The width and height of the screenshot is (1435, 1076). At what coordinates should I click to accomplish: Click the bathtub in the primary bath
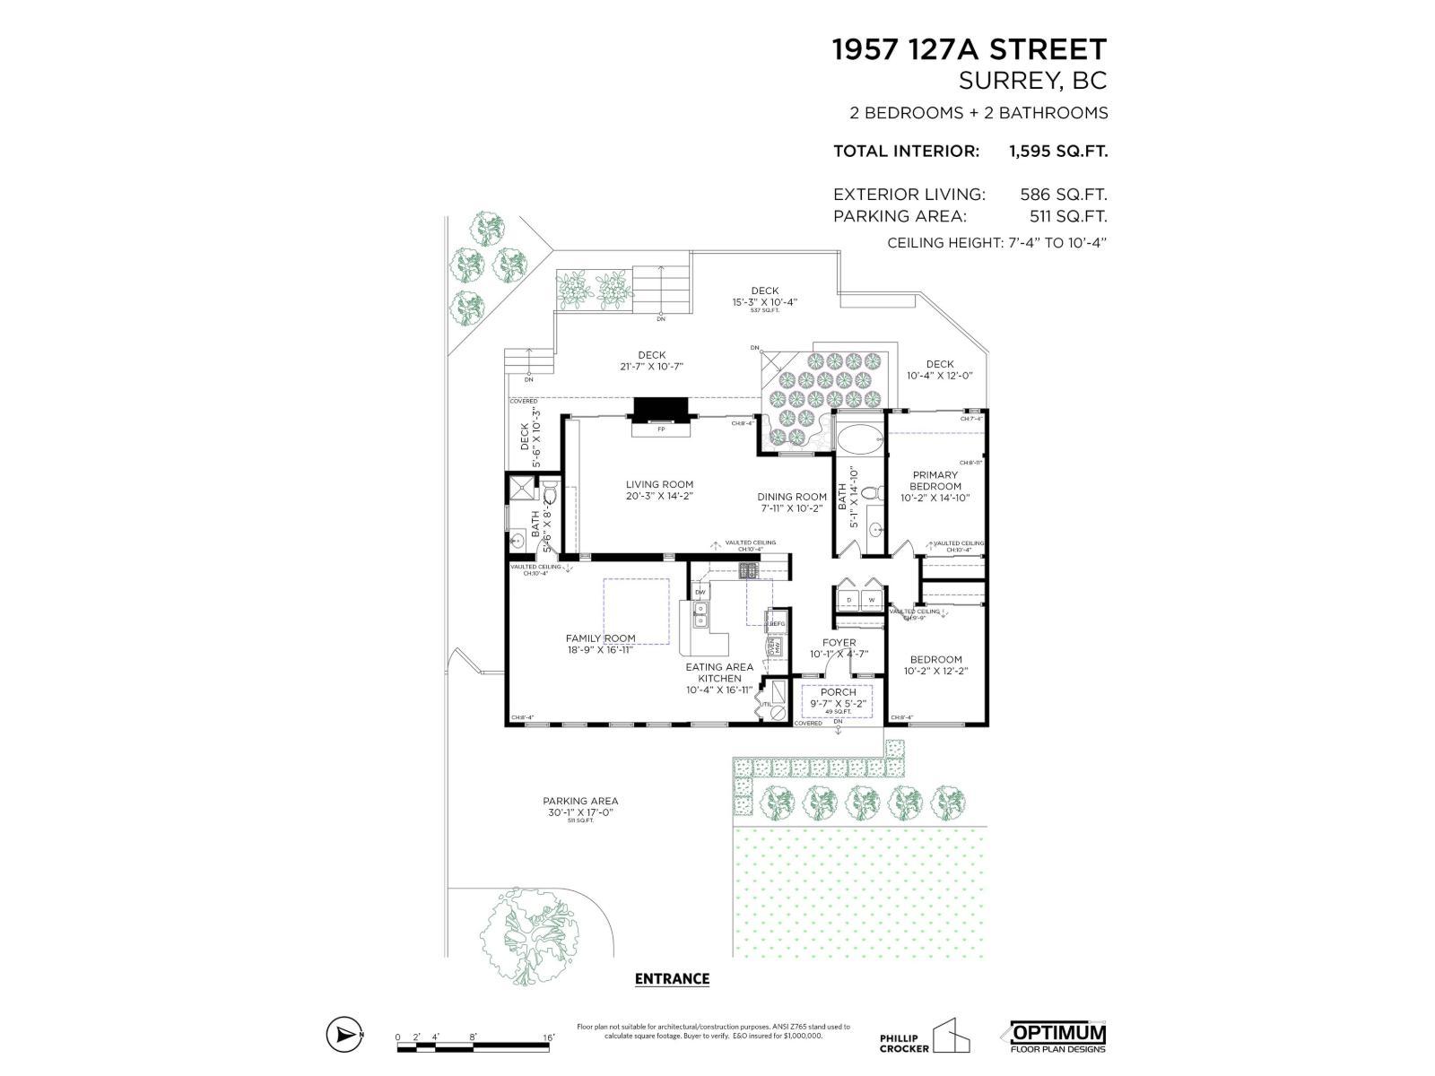tap(860, 439)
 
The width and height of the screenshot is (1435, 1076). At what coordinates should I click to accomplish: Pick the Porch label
tap(838, 692)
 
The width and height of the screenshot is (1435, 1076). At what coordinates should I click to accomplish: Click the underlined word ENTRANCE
tap(672, 979)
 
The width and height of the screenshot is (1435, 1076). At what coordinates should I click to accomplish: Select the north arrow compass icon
tap(344, 1034)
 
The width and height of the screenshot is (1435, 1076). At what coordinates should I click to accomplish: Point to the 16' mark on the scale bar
tap(548, 1037)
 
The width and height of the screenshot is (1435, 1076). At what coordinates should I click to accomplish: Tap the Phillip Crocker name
tap(904, 1043)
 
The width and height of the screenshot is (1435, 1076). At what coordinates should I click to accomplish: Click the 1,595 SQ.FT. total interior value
tap(1058, 151)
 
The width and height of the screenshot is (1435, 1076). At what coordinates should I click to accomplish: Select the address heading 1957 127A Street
tap(970, 49)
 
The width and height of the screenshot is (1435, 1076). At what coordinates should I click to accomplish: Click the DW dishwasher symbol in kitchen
tap(700, 593)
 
